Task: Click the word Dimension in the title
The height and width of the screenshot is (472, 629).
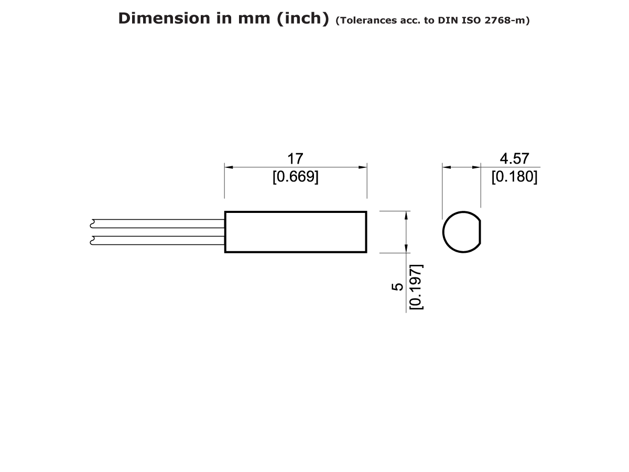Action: [x=157, y=18]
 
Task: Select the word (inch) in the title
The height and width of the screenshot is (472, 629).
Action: [x=300, y=18]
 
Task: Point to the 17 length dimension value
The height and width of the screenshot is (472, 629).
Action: [x=295, y=158]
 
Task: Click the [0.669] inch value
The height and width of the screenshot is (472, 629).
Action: [x=295, y=177]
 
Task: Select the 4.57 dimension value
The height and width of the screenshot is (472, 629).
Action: [x=514, y=158]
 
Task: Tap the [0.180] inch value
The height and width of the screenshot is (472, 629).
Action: [x=514, y=177]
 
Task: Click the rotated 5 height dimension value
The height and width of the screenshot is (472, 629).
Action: [x=398, y=287]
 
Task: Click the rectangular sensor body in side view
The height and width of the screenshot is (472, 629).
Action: [x=296, y=232]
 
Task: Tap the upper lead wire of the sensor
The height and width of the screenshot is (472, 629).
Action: [x=157, y=223]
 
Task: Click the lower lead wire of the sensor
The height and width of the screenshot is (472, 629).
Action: [x=157, y=241]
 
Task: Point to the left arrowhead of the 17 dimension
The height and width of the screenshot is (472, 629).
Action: [x=229, y=167]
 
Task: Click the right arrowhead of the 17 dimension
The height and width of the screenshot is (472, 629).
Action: [x=363, y=167]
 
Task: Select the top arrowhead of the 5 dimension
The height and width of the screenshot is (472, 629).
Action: [x=406, y=214]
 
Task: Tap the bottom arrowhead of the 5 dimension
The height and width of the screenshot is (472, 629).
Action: [x=406, y=249]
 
